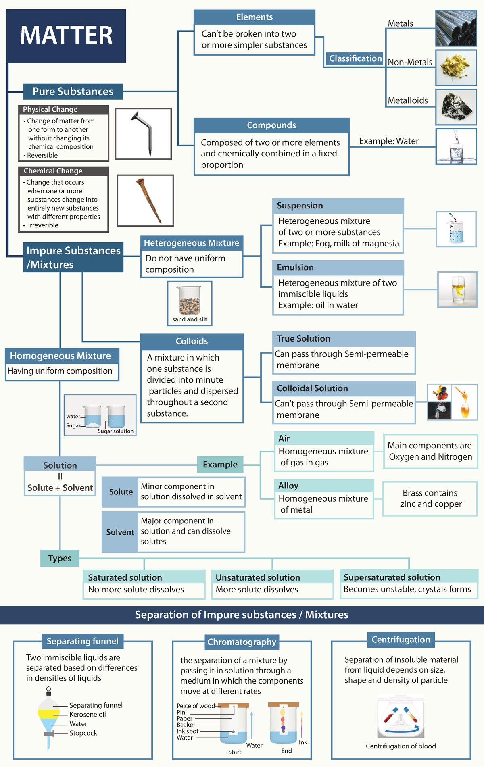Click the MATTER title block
(66, 36)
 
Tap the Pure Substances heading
(73, 92)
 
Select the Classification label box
(355, 58)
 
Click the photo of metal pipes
(456, 28)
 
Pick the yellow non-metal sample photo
(456, 67)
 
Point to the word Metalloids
(408, 100)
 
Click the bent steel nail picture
(143, 133)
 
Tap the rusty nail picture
(145, 200)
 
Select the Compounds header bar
(271, 125)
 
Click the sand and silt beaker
(190, 300)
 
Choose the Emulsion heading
(295, 267)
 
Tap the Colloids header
(192, 341)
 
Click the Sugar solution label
(115, 431)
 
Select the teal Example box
(220, 465)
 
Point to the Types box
(60, 558)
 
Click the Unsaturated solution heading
(258, 577)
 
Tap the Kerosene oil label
(88, 714)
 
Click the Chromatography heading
(242, 642)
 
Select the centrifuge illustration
(401, 716)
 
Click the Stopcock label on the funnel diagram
(83, 733)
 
